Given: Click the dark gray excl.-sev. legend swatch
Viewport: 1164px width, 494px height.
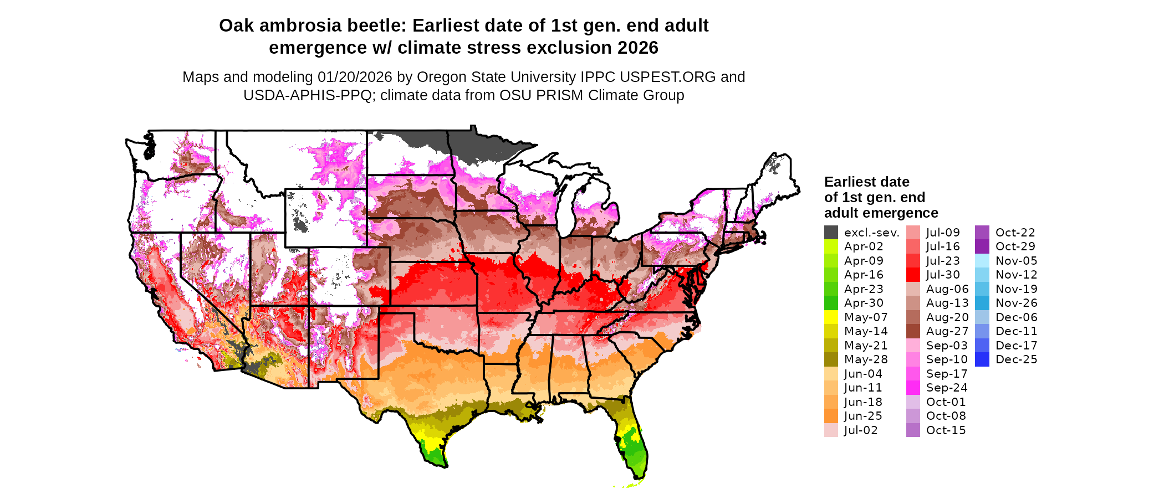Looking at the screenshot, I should point(831,233).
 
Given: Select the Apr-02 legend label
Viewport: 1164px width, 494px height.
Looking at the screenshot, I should point(864,246).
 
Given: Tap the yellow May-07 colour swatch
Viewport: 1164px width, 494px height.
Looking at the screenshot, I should point(831,317).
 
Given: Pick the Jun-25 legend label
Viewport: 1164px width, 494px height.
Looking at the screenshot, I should point(863,416).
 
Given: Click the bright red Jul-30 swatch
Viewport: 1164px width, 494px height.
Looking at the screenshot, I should point(913,275).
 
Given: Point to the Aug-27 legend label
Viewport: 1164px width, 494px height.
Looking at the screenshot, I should point(947,331).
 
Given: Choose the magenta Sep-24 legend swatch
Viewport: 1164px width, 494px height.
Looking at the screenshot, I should point(913,388).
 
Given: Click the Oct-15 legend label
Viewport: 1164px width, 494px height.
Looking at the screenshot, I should point(946,430).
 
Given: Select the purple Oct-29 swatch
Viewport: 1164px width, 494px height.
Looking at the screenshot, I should point(982,246).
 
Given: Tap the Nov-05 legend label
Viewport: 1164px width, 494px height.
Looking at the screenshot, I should point(1016,261).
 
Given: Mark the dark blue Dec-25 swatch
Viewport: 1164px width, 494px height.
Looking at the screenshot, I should point(982,359).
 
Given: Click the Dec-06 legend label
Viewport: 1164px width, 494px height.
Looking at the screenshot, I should point(1016,317).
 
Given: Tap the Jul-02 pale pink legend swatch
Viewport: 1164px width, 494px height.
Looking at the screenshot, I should point(831,430).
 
